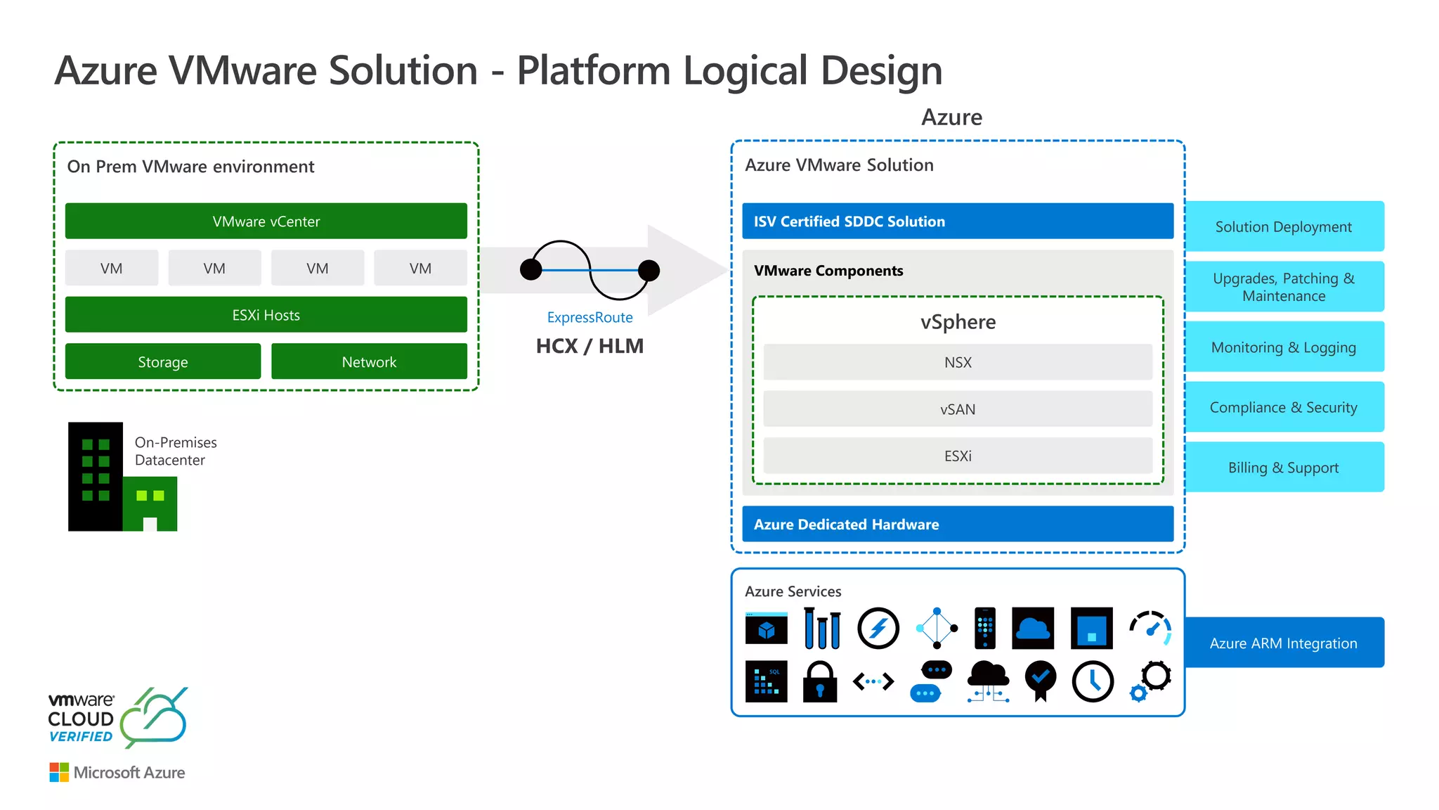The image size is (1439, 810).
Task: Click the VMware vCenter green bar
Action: [266, 221]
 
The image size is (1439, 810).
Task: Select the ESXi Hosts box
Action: [266, 315]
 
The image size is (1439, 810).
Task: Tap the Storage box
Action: [162, 361]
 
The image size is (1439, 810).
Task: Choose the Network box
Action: [369, 361]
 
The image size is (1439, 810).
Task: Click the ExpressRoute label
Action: [590, 317]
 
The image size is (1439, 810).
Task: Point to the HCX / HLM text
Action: [590, 346]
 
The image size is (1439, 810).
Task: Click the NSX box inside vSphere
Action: [958, 362]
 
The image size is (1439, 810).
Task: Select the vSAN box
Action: [958, 409]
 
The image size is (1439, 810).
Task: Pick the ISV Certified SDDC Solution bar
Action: [958, 221]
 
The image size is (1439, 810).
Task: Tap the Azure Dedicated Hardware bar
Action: [958, 525]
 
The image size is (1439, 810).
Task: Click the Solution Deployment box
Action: [1283, 226]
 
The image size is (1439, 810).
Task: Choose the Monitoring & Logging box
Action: [1283, 347]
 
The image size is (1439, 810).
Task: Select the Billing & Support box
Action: [1283, 468]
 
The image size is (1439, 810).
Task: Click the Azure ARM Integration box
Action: [1283, 643]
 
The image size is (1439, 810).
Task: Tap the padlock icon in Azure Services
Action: [820, 682]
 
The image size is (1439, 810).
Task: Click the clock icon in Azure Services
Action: [1093, 681]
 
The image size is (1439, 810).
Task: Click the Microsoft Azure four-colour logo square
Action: [59, 772]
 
